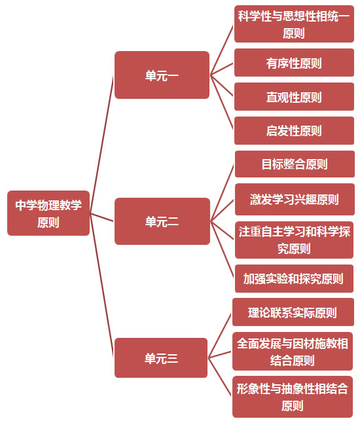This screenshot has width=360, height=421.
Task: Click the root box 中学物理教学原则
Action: coord(48,213)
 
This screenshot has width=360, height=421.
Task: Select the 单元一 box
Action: coord(162,75)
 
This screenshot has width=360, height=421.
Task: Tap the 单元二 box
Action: coord(162,221)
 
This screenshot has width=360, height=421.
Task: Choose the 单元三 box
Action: coord(161,357)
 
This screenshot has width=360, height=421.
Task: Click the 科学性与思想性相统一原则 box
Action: coord(295,24)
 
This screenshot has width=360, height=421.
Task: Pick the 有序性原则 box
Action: coord(295,63)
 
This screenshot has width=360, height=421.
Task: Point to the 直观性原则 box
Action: coord(295,97)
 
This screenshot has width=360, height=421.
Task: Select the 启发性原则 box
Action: coord(295,131)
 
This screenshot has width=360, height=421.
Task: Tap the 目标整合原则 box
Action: coord(295,164)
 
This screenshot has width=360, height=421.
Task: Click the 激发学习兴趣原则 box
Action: coord(295,200)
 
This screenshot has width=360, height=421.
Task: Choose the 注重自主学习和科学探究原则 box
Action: coord(295,240)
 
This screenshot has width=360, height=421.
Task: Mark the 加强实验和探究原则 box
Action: coord(295,279)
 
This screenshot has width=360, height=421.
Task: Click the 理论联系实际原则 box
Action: coord(293,312)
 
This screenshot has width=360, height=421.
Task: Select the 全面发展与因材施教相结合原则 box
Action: coord(293,351)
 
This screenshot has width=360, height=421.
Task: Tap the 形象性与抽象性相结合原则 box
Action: coord(293,397)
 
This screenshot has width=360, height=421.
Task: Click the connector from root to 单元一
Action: coord(101,144)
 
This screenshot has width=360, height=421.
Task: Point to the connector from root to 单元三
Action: coord(101,285)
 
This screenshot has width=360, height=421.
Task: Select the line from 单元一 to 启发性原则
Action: coord(221,102)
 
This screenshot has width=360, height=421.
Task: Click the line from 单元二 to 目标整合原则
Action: coord(223,192)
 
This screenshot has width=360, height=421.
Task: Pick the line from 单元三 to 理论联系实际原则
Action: coord(220,335)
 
